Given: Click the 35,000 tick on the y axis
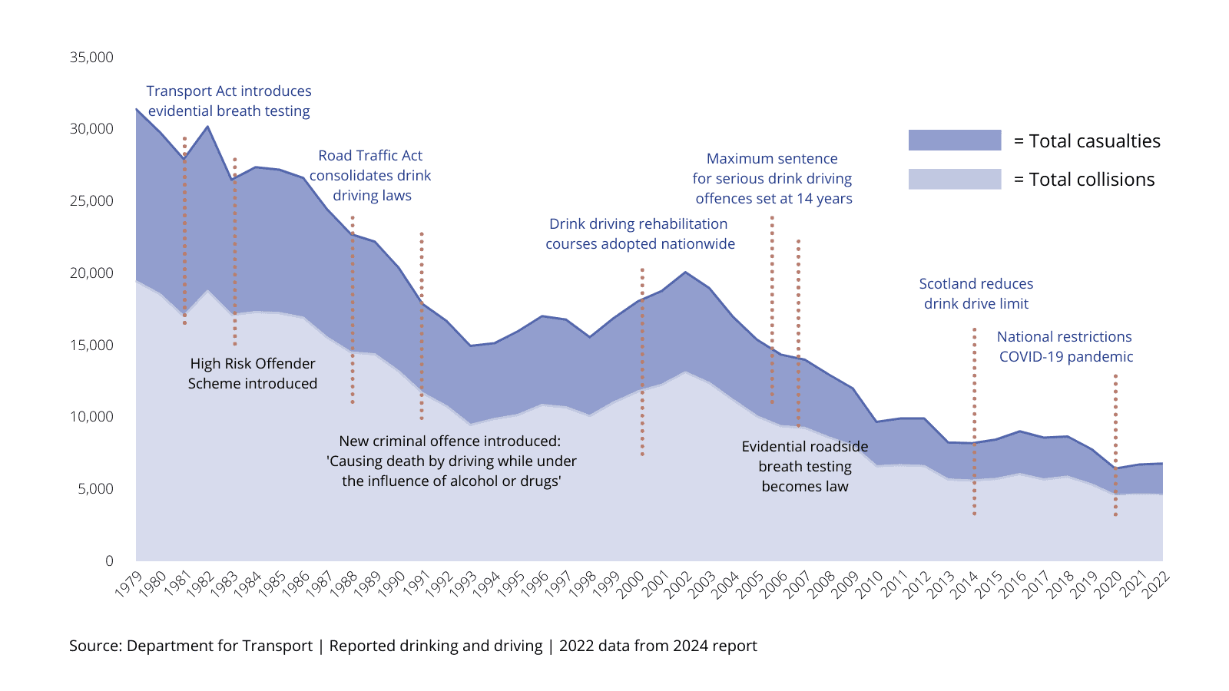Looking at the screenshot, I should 91,57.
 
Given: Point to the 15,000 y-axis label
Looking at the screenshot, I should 91,345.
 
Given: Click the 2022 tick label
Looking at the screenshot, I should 1156,584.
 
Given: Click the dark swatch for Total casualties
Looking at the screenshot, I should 954,140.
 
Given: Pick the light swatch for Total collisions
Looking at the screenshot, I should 954,179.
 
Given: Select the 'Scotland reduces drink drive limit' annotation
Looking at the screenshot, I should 976,293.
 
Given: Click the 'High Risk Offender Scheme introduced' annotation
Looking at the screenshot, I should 253,373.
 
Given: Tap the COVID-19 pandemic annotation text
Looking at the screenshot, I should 1065,346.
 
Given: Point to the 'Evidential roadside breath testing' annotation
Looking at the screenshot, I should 804,466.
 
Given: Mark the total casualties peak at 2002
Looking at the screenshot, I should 685,272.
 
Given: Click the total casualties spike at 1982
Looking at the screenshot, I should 207,127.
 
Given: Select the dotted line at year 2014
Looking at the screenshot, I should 974,422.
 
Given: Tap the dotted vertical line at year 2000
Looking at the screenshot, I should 642,361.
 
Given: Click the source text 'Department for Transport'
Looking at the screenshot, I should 220,646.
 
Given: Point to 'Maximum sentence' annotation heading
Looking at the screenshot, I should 772,159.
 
